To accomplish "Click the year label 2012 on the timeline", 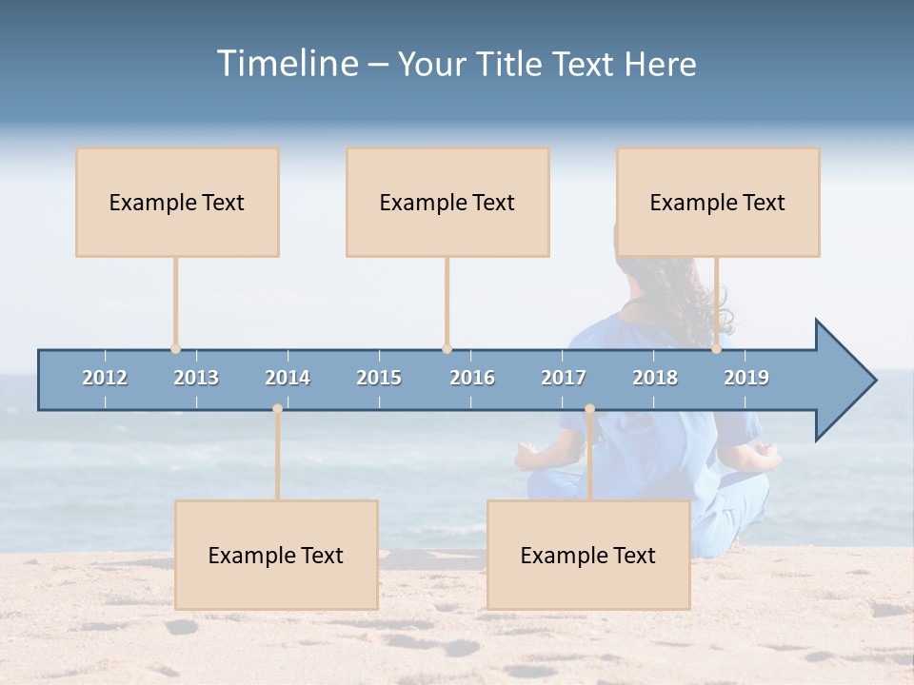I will coord(105,378).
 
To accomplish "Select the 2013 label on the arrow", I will coord(196,378).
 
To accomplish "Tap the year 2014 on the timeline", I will coord(288,378).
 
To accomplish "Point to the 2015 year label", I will coord(379,378).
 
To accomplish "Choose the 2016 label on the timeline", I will coord(472,378).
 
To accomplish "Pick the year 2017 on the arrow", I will coord(564,378).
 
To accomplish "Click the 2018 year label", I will coord(655,378).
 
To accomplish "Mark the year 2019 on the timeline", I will coord(746,378).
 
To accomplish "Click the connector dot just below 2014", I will coord(277,409).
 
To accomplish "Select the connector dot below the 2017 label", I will coord(589,409).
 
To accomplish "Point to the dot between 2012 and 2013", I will coord(175,349).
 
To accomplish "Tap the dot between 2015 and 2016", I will coord(447,349).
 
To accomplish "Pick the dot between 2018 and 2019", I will coord(716,349).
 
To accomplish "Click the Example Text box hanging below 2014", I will coord(276,555).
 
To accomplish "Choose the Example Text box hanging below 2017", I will coord(588,555).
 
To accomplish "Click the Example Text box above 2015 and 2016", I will coord(447,202).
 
